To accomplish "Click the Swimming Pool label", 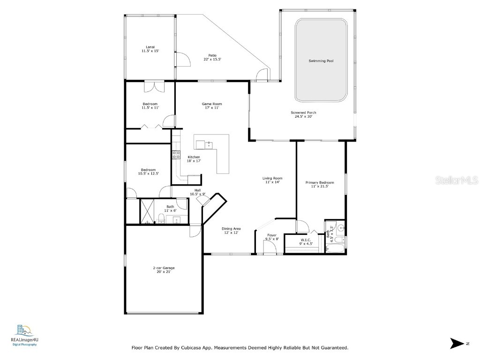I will coord(321,61).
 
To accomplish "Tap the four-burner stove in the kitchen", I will coord(177,155).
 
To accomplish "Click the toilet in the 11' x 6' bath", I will coord(160,217).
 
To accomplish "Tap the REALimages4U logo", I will coord(24,334).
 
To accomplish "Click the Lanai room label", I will coord(150,47).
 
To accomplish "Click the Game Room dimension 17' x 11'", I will coord(211,108).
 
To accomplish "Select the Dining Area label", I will coord(231,229).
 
